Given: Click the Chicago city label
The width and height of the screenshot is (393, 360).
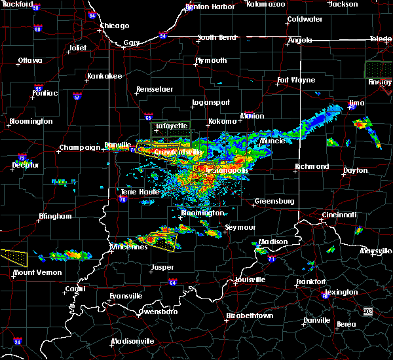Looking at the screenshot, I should point(114,26).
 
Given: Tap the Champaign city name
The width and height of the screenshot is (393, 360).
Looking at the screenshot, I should point(74,148).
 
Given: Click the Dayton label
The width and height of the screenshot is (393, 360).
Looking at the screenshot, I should point(355,170).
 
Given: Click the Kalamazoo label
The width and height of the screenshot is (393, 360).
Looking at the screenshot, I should point(266,4).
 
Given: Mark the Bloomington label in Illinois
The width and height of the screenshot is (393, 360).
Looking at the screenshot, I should point(31,121).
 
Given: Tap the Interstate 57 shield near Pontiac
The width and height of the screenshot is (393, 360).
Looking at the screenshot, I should point(77,97).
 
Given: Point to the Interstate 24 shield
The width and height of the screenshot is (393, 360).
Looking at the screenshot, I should point(18,342).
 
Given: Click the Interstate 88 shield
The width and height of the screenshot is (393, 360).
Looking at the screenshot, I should point(38,29).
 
